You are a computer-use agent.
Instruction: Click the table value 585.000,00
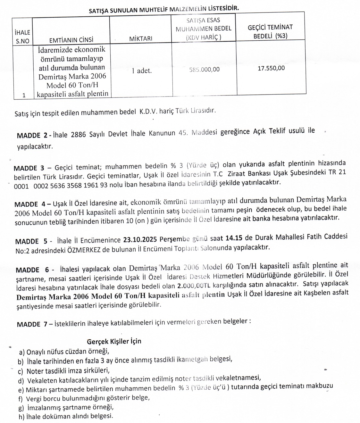[205, 70]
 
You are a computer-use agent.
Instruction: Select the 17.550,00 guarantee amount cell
[271, 68]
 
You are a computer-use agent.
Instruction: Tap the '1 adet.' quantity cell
[142, 71]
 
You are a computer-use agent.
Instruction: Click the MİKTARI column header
[140, 39]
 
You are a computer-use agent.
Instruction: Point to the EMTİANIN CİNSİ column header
[71, 40]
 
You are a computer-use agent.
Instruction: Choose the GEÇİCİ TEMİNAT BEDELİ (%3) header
[270, 32]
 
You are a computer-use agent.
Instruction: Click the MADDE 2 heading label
[32, 135]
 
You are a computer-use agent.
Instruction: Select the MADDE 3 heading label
[29, 168]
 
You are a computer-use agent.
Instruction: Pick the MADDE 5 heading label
[31, 241]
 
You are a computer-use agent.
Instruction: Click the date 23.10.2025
[138, 240]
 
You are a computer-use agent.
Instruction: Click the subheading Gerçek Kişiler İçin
[114, 341]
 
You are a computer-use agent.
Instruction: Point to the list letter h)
[21, 416]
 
